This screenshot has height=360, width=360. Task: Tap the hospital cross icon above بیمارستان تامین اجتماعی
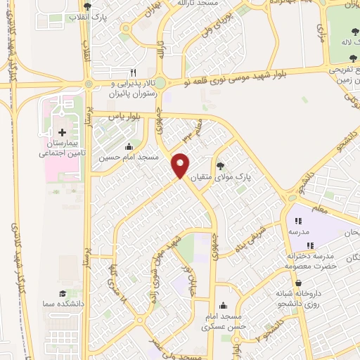[x=62, y=133]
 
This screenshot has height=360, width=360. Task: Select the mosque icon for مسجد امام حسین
[x=128, y=147]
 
